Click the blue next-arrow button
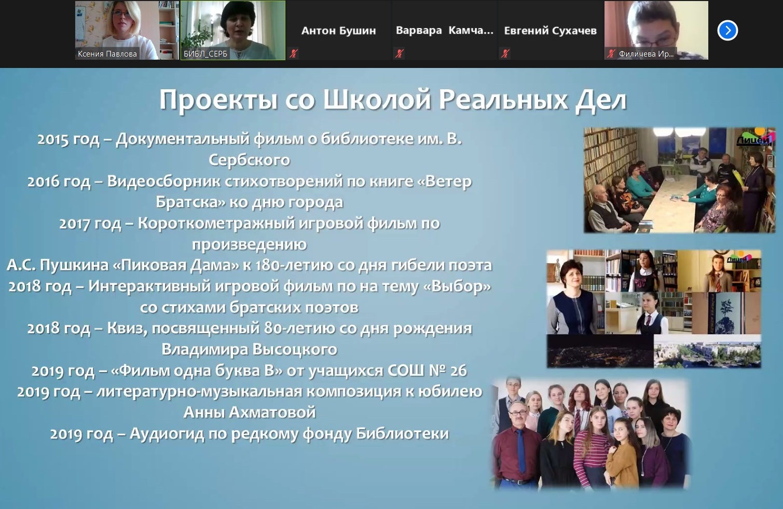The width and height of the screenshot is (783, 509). [x=727, y=31]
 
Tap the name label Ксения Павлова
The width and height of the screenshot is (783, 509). [x=107, y=54]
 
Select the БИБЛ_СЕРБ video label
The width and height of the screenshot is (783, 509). [x=205, y=54]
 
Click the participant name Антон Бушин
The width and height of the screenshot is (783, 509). [x=338, y=31]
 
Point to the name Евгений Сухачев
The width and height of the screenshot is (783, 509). [x=550, y=31]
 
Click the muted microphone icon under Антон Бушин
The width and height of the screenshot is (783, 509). [x=294, y=53]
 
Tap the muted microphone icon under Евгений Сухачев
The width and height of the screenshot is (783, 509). [x=505, y=53]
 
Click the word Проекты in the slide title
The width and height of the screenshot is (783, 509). [x=218, y=100]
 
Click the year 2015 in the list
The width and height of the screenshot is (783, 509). [x=53, y=140]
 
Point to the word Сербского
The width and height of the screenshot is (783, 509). [x=249, y=160]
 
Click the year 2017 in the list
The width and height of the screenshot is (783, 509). [x=74, y=224]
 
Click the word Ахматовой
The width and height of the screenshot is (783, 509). [x=272, y=412]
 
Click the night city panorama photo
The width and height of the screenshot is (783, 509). [x=600, y=351]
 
